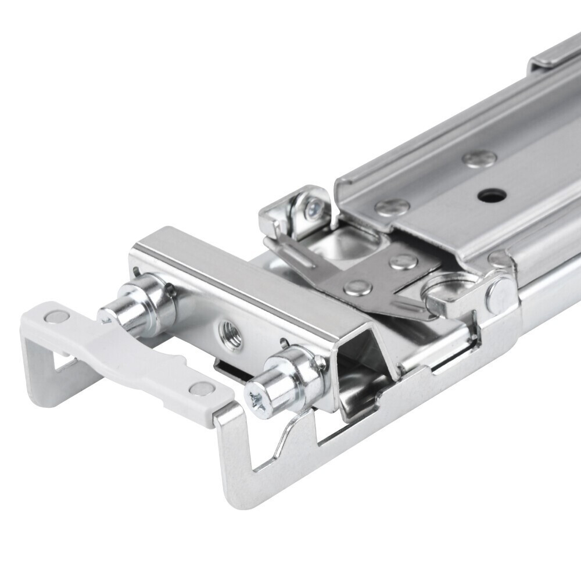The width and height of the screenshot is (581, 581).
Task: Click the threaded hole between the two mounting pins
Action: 229,334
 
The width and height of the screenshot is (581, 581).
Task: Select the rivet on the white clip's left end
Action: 55,316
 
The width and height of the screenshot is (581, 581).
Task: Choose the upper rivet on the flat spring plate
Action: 402,260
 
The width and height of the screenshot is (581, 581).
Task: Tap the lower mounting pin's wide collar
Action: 299,372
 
